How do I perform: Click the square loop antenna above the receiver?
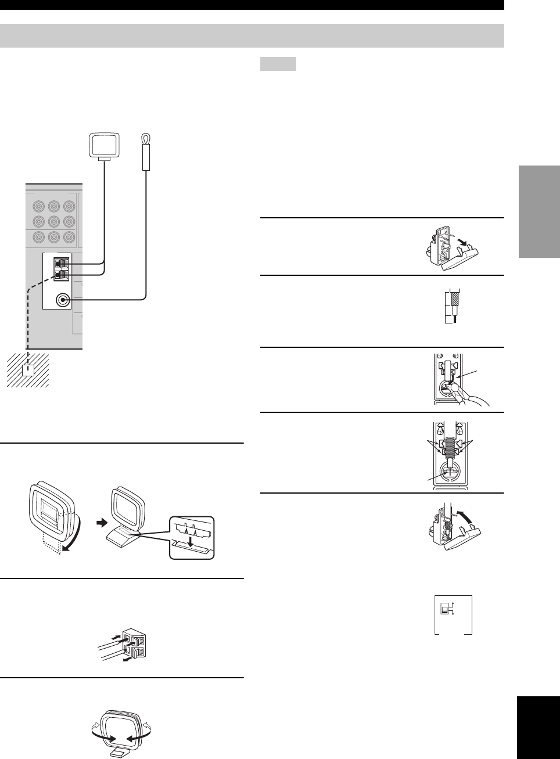pyautogui.click(x=104, y=143)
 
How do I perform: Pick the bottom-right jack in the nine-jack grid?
pyautogui.click(x=69, y=237)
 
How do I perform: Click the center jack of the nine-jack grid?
pyautogui.click(x=54, y=221)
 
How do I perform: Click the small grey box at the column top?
pyautogui.click(x=278, y=63)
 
